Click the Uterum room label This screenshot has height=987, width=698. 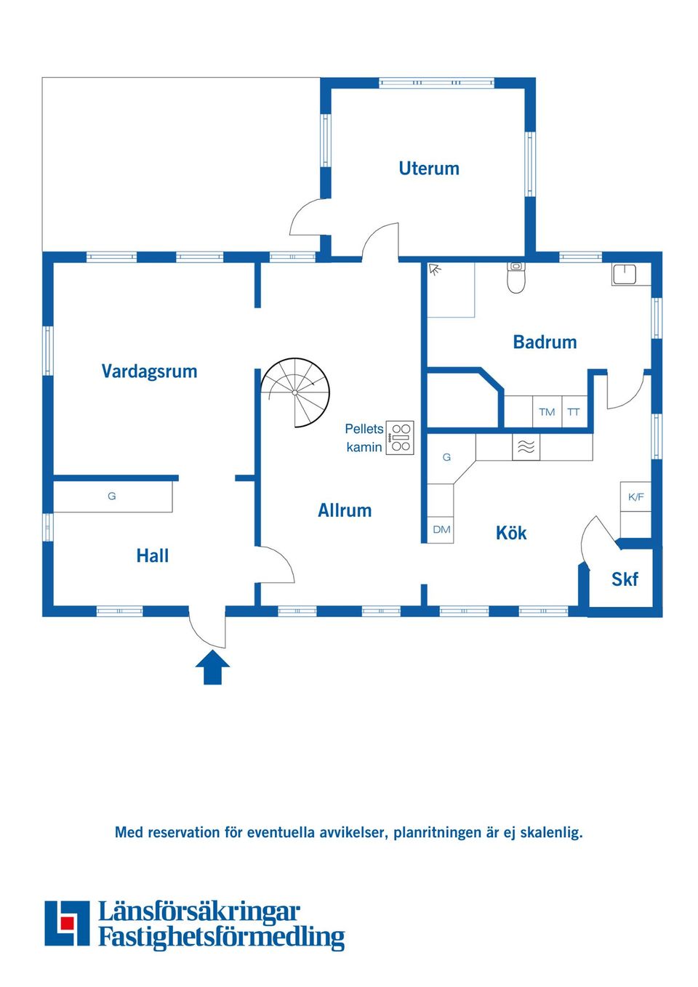pyautogui.click(x=429, y=169)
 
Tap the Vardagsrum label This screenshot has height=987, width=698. pyautogui.click(x=149, y=371)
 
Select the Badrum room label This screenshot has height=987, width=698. pyautogui.click(x=545, y=342)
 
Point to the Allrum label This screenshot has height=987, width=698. pyautogui.click(x=345, y=510)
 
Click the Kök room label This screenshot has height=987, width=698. pyautogui.click(x=511, y=533)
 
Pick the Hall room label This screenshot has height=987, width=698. pyautogui.click(x=153, y=555)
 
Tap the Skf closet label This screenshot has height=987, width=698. pyautogui.click(x=625, y=579)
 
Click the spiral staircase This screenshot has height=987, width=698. pyautogui.click(x=294, y=392)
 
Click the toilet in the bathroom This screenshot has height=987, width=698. pyautogui.click(x=516, y=277)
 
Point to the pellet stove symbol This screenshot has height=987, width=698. pyautogui.click(x=400, y=438)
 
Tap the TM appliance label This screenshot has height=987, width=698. pyautogui.click(x=547, y=412)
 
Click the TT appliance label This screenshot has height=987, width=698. pyautogui.click(x=573, y=412)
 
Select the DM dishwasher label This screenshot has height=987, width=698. pyautogui.click(x=441, y=529)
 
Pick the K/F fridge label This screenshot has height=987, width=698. pyautogui.click(x=636, y=497)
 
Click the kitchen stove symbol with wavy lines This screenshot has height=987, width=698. pyautogui.click(x=526, y=447)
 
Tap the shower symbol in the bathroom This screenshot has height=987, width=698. pyautogui.click(x=436, y=269)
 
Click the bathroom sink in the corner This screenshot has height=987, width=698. pyautogui.click(x=624, y=275)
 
